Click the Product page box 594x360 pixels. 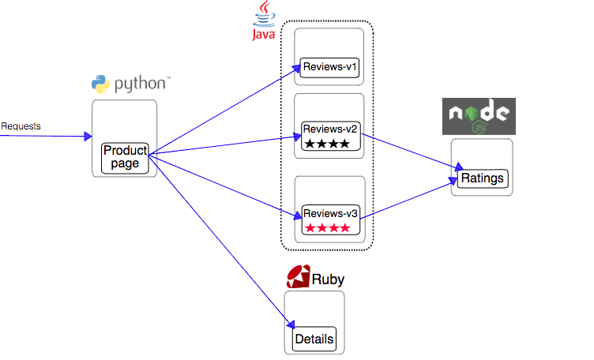pyautogui.click(x=126, y=158)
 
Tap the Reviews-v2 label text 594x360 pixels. pyautogui.click(x=331, y=129)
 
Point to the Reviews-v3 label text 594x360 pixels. pyautogui.click(x=331, y=214)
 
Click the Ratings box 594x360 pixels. pyautogui.click(x=482, y=178)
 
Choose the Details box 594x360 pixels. pyautogui.click(x=314, y=339)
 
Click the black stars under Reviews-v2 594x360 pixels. pyautogui.click(x=326, y=144)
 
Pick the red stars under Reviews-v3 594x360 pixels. pyautogui.click(x=326, y=229)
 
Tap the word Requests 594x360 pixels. pyautogui.click(x=21, y=126)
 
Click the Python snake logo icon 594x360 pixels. pyautogui.click(x=100, y=84)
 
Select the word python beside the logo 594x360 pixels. pyautogui.click(x=140, y=84)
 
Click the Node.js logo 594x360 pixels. pyautogui.click(x=479, y=116)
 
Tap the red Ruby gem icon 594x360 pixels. pyautogui.click(x=298, y=277)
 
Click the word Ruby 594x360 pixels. pyautogui.click(x=328, y=279)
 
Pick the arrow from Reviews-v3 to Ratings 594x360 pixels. pyautogui.click(x=411, y=201)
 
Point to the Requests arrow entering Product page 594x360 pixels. pyautogui.click(x=47, y=136)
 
